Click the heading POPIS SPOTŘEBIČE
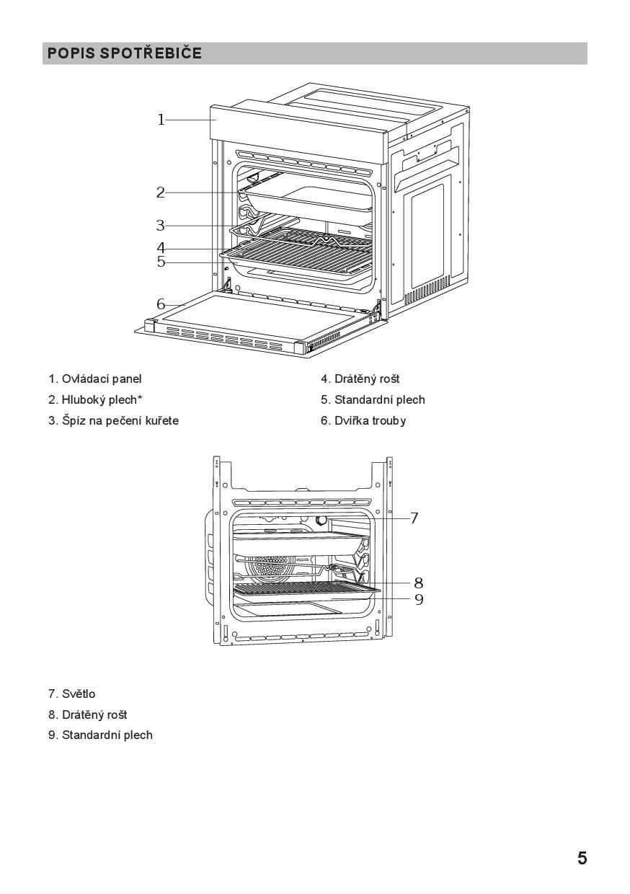125,53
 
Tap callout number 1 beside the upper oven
161,120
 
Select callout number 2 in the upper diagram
161,192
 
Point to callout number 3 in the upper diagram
161,226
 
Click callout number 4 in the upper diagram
161,248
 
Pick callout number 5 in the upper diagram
161,262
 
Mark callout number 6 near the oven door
161,304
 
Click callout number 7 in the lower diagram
414,518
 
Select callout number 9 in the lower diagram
418,599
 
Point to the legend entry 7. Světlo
72,694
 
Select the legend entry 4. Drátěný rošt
360,379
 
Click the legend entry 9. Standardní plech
100,735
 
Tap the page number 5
582,858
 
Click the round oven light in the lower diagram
321,519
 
